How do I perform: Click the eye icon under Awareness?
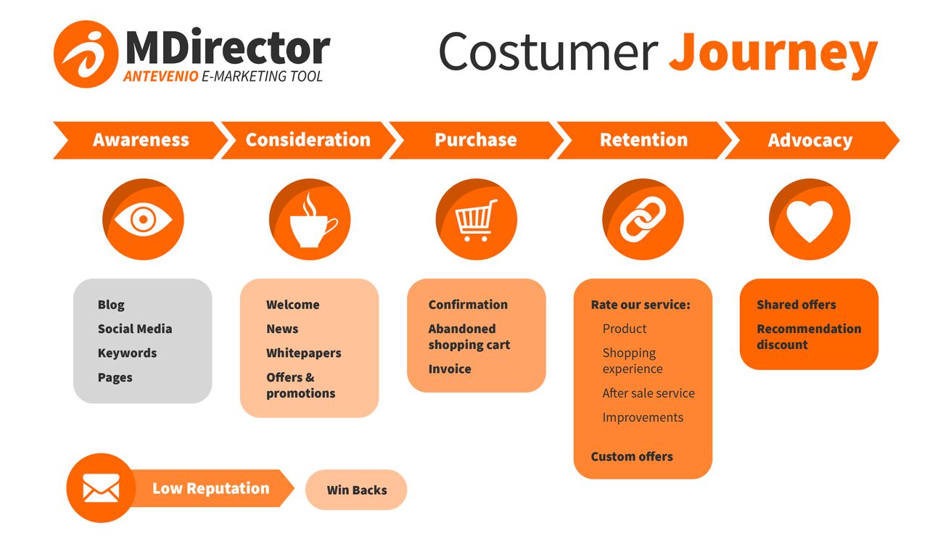[143, 219]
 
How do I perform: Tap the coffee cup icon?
[313, 221]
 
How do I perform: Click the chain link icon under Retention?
[643, 219]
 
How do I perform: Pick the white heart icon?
[810, 221]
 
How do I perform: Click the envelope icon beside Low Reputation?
[101, 487]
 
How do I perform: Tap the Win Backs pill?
[356, 490]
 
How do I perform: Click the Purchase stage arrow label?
[476, 140]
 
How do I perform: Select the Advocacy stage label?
[810, 141]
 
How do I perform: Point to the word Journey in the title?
[773, 54]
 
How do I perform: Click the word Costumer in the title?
[548, 52]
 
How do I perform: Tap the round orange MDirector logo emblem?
[86, 54]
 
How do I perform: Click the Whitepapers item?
[303, 353]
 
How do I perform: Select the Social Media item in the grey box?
[135, 329]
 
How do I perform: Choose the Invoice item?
[450, 369]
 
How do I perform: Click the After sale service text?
[648, 393]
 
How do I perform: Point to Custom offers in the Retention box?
[632, 456]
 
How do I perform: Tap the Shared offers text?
[796, 305]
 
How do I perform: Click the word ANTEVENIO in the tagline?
[161, 76]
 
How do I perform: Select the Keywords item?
[127, 353]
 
